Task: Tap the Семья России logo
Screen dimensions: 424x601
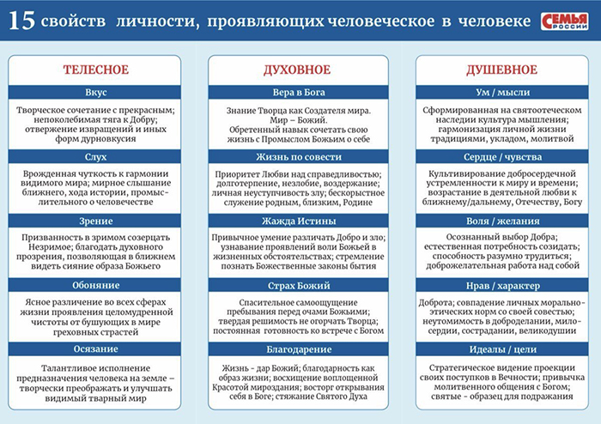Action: tap(564, 21)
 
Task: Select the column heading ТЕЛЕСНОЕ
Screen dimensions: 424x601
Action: tap(95, 70)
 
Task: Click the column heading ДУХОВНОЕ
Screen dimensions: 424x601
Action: tap(300, 70)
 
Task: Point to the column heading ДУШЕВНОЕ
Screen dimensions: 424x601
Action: tap(502, 70)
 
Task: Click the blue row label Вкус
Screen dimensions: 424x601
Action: tap(95, 92)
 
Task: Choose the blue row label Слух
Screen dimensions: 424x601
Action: tap(95, 156)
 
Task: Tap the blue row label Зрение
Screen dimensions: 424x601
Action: tap(95, 221)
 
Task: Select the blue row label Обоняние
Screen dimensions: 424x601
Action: tap(95, 285)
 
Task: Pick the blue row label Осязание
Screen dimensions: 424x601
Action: tap(95, 348)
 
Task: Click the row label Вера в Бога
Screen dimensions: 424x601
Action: tap(300, 92)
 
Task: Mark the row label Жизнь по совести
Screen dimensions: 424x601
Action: tap(300, 156)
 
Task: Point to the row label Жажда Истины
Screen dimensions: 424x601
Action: tap(300, 221)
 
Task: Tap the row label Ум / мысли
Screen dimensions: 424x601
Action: tap(502, 92)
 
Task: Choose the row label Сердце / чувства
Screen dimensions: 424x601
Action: tap(502, 156)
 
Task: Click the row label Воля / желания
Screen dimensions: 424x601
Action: tap(502, 221)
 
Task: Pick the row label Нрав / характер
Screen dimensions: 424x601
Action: tap(502, 285)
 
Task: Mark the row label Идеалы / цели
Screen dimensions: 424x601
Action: tap(502, 348)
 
